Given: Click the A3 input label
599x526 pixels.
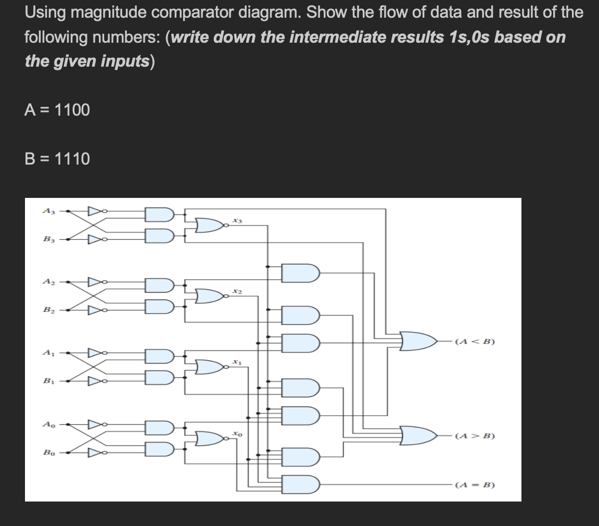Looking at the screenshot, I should (47, 211).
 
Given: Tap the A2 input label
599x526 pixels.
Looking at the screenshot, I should (47, 282).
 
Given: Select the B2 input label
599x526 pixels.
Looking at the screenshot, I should (47, 311).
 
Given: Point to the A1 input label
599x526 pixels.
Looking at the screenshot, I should (47, 353).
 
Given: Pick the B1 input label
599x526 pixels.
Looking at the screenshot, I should (47, 381).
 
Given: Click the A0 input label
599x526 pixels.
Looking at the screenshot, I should (47, 424).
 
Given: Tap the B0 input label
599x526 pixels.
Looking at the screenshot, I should (47, 453).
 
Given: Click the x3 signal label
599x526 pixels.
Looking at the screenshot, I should (237, 221).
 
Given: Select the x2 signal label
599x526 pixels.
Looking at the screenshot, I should (237, 291).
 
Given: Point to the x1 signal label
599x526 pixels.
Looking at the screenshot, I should (237, 361).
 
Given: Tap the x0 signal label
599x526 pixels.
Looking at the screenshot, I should (237, 433).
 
